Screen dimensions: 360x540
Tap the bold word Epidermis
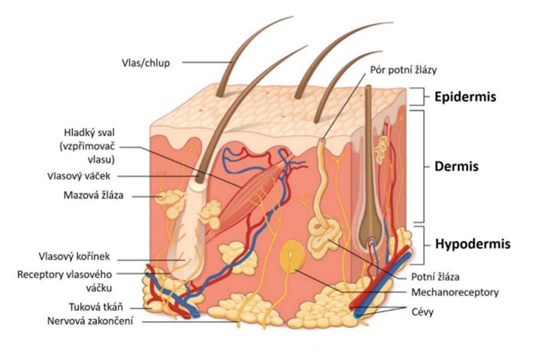pos(466,96)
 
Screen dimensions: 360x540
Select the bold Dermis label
pos(456,166)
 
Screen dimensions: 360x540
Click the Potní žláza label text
pos(435,277)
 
